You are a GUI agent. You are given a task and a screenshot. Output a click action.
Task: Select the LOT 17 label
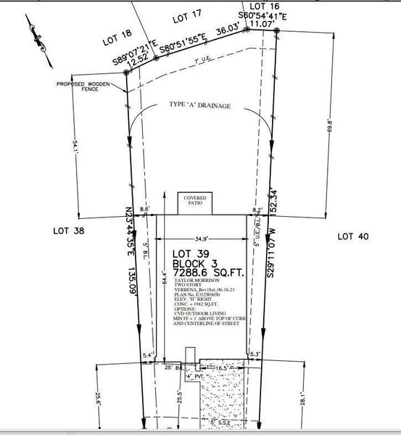[x=186, y=17]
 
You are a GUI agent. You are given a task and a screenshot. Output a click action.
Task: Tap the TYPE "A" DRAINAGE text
[x=201, y=107]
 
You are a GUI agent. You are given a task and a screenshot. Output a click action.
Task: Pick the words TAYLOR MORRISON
[x=197, y=289]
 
